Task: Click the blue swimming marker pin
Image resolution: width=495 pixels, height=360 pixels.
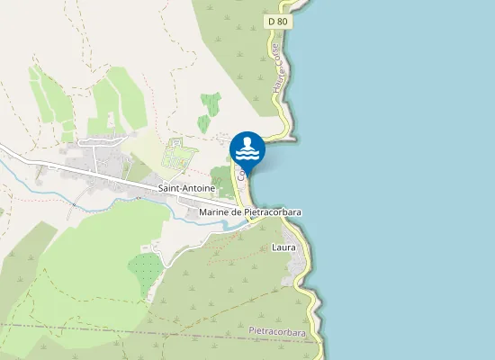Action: click(247, 149)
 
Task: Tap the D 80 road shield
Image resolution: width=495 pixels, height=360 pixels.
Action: click(277, 20)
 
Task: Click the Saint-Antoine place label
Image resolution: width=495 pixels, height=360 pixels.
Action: click(185, 189)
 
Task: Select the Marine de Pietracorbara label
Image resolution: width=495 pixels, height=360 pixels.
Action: click(250, 211)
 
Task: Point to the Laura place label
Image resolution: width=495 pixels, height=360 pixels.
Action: click(283, 246)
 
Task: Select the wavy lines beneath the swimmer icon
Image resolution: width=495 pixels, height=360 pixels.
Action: click(247, 156)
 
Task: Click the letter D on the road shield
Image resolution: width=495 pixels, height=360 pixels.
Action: click(271, 20)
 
